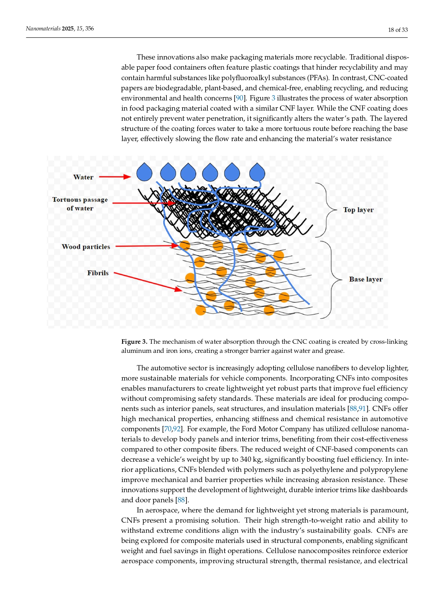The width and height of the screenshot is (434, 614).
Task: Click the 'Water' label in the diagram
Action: pos(83,177)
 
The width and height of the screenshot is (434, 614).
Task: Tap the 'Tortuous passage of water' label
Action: pos(80,204)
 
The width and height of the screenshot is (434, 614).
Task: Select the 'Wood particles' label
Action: pos(86,247)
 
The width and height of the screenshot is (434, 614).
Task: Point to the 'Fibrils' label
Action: pos(98,273)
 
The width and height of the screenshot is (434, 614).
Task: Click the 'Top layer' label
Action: pos(358,210)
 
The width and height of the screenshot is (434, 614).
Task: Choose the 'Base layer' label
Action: pos(365,279)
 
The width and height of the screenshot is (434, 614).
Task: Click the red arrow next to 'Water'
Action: pos(115,177)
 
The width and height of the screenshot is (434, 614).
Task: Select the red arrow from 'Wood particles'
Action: pos(147,246)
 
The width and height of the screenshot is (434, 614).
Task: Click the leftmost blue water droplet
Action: pos(144,172)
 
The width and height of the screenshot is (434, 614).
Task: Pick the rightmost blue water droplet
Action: pos(257,172)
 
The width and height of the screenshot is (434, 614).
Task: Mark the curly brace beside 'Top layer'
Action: pos(327,210)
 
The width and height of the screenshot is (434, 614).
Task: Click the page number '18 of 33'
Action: pos(398,30)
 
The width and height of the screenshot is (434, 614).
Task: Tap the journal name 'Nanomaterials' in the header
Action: pos(43,29)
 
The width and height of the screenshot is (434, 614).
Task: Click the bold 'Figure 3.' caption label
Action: pos(134,342)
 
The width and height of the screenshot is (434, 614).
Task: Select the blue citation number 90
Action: pos(240,98)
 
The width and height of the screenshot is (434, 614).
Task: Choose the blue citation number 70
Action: pos(168,429)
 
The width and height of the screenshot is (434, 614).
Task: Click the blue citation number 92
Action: pos(177,429)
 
